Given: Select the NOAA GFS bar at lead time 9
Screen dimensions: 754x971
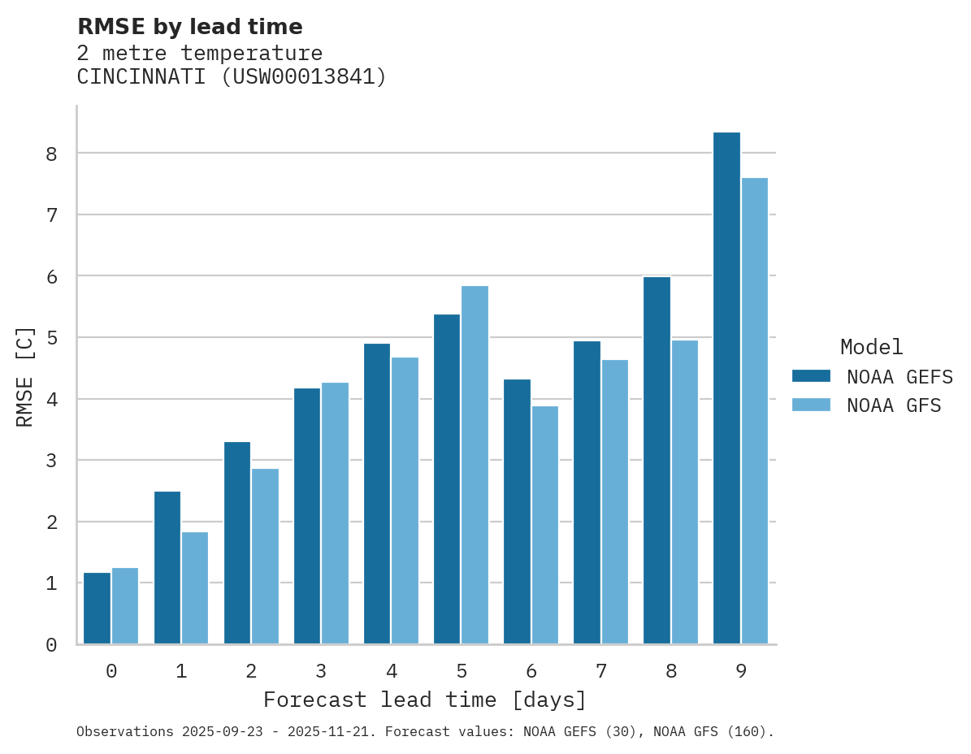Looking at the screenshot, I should tap(754, 411).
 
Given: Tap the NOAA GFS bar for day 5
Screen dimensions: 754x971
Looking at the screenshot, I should tap(475, 465).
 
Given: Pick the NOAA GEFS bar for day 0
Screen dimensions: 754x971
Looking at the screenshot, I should tap(97, 609).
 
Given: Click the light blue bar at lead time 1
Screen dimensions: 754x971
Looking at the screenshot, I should tap(195, 588).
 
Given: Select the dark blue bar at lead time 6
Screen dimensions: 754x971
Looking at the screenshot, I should tap(517, 512).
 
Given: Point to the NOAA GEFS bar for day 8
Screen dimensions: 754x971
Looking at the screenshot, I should tap(657, 461).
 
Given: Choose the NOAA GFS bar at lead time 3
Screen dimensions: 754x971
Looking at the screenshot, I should tap(335, 513).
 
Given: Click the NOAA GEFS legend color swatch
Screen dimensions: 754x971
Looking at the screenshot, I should tap(811, 376).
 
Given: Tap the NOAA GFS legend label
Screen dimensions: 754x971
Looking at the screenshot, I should tap(894, 405).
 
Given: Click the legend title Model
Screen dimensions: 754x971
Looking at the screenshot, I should tap(871, 347).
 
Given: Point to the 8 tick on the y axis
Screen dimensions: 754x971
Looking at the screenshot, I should tap(51, 154).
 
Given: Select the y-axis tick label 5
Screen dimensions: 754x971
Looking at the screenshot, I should tap(51, 338).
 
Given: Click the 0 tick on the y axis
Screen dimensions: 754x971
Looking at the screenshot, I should tap(51, 645).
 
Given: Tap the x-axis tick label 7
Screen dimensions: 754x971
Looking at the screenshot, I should tap(601, 671).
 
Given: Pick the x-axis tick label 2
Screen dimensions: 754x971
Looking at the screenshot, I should tap(251, 671).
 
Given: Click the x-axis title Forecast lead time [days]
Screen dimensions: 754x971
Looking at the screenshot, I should tap(425, 700).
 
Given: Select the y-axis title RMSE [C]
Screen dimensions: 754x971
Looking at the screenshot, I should tap(25, 376).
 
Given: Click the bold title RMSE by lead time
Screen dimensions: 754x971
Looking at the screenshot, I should tap(189, 27).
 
